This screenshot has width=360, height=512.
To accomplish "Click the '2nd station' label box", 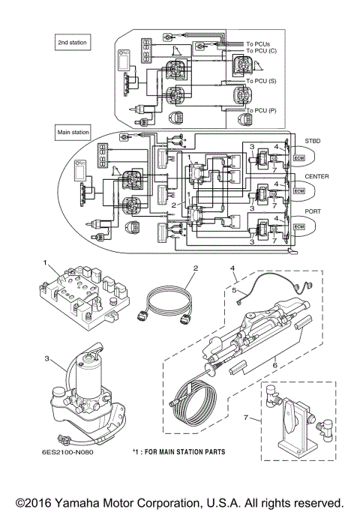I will point(73,43).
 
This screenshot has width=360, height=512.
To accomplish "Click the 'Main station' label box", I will point(73,132).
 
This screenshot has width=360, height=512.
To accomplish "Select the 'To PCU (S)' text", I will point(261,79).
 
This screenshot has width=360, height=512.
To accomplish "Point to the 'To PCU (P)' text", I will point(261,109).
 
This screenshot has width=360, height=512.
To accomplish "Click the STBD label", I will point(312,140).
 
